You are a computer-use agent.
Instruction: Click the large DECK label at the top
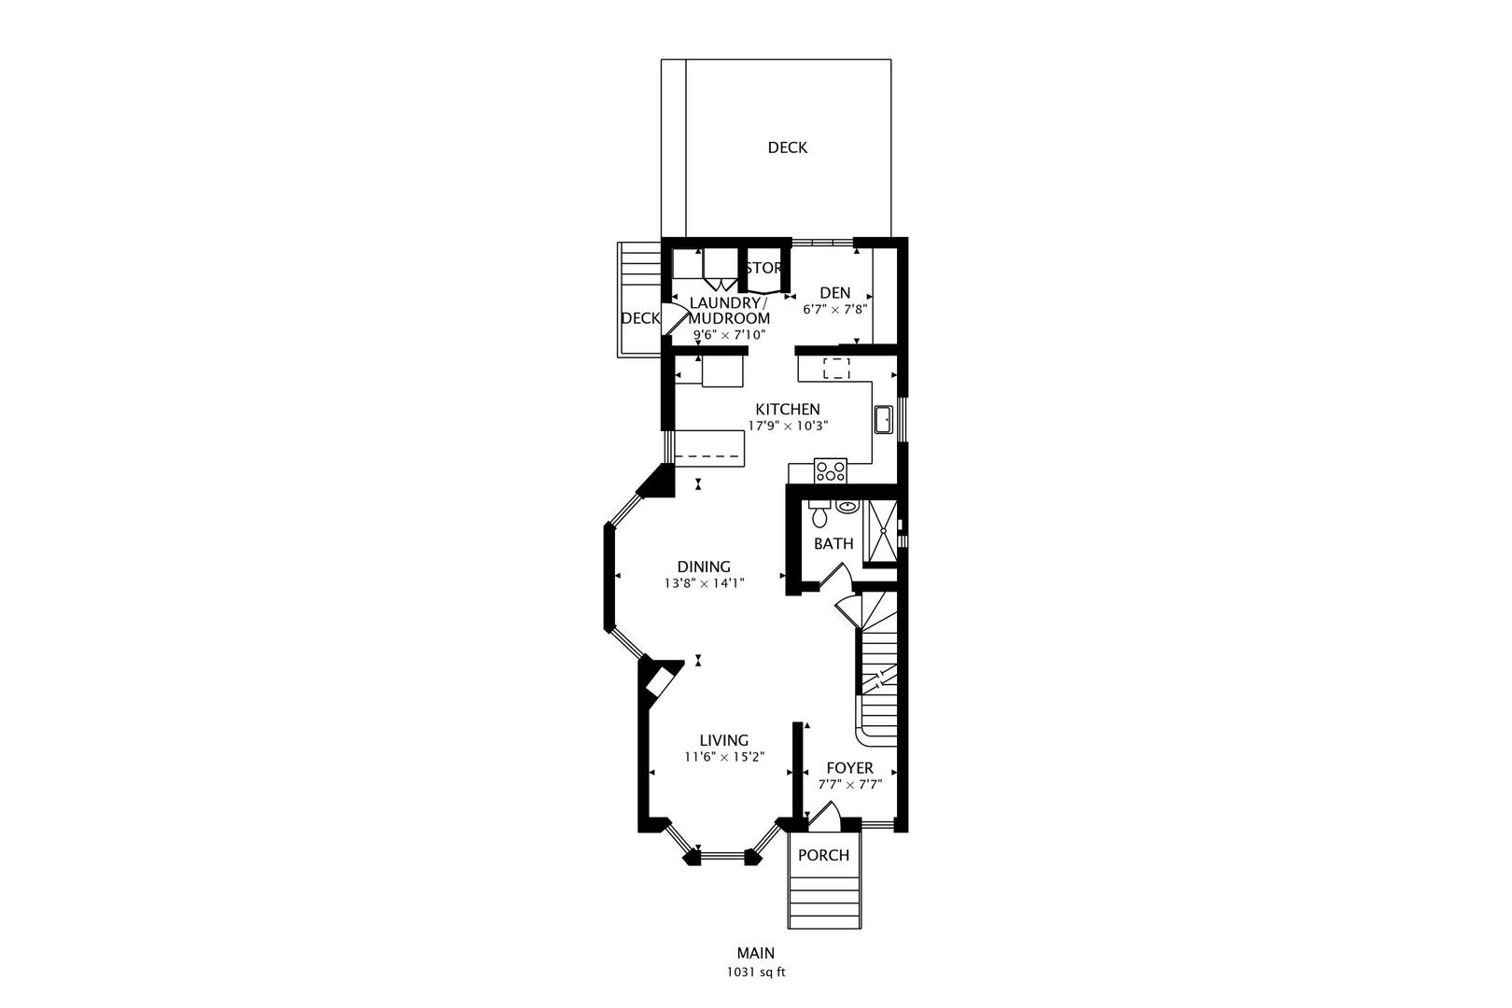(787, 147)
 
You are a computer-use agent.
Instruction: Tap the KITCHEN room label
(787, 409)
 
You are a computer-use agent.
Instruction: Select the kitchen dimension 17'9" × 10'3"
(788, 426)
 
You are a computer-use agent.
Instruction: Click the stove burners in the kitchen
(831, 471)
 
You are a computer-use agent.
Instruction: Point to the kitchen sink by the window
(884, 421)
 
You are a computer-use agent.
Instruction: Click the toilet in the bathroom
(819, 514)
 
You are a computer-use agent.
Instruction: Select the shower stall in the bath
(881, 534)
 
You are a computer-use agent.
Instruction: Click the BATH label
(833, 543)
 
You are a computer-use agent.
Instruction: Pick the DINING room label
(704, 567)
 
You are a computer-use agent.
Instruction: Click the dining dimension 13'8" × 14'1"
(704, 583)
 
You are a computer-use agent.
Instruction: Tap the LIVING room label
(724, 740)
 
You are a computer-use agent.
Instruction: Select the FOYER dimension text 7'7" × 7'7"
(849, 785)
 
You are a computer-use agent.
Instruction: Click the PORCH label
(823, 855)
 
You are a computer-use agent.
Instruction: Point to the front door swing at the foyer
(823, 815)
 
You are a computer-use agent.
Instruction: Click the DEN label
(836, 292)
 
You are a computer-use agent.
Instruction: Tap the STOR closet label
(763, 268)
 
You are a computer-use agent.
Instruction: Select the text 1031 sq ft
(756, 972)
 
